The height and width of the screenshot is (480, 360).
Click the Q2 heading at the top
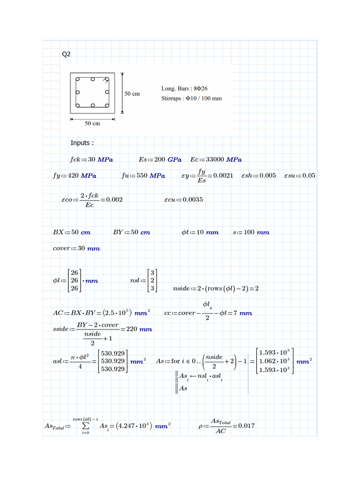[x=66, y=54]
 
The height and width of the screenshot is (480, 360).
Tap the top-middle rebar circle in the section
[x=93, y=79]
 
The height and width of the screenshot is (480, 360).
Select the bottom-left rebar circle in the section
[x=78, y=106]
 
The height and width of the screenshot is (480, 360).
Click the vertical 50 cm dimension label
[x=132, y=93]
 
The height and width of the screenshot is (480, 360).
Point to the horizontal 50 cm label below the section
[x=92, y=124]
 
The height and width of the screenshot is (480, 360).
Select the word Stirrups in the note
[x=172, y=98]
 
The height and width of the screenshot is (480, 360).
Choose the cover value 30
[x=81, y=248]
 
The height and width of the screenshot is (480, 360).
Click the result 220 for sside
[x=132, y=329]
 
